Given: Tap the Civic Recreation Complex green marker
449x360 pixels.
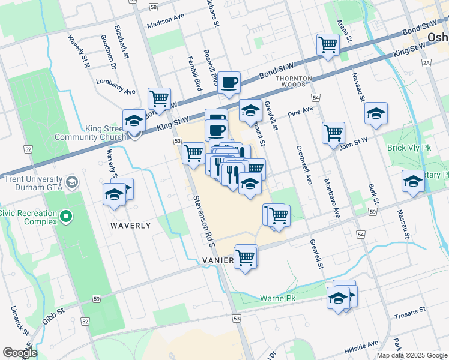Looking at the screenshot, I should point(66,216).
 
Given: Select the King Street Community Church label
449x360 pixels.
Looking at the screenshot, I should point(86,133).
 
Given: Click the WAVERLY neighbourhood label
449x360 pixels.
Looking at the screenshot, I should point(130,226).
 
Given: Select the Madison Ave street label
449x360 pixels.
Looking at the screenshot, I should point(165,20).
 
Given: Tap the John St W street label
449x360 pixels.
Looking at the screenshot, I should point(352,143).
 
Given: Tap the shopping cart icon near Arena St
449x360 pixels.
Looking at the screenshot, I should point(328,44).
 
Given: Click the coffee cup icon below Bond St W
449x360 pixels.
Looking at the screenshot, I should point(228,83).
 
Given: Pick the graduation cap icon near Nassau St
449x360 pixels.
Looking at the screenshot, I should point(376,113).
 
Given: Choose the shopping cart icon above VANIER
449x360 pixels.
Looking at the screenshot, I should point(246,257).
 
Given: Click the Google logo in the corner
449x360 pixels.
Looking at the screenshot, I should point(20,352).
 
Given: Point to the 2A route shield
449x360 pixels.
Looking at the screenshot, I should point(427,62).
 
